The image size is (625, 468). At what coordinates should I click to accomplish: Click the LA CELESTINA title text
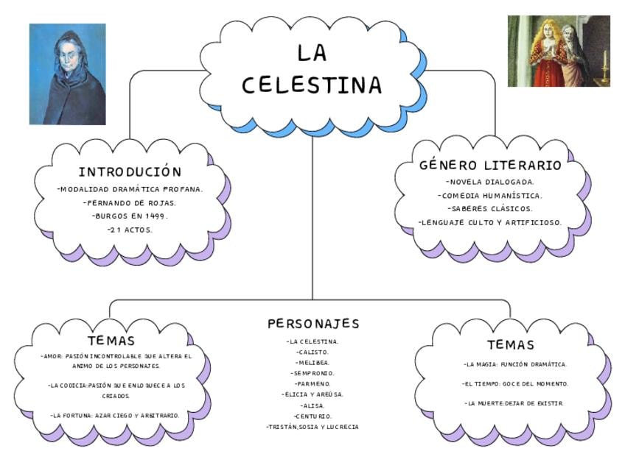click(312, 70)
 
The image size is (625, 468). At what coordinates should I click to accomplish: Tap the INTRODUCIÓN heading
click(130, 171)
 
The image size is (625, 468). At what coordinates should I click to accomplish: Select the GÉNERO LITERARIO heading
click(490, 165)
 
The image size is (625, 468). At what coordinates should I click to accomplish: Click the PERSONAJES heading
click(313, 324)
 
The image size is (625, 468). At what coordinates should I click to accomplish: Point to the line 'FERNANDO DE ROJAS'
click(130, 202)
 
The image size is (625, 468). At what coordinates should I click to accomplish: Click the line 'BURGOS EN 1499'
click(130, 216)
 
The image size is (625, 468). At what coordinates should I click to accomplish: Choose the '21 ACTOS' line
click(130, 230)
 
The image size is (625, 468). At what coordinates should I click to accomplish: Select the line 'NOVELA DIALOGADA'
click(490, 181)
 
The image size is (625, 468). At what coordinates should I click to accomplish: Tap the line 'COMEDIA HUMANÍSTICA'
click(490, 195)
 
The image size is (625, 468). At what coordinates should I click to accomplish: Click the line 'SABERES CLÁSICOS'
click(490, 208)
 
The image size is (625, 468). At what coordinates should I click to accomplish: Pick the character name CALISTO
click(312, 352)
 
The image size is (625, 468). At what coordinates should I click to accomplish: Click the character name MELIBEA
click(312, 363)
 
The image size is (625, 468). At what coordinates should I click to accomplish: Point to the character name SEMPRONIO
click(312, 373)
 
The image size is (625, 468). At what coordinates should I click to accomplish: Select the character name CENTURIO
click(312, 416)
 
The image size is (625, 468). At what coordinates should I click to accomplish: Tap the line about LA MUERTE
click(514, 403)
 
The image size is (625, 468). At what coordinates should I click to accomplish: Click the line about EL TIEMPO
click(515, 383)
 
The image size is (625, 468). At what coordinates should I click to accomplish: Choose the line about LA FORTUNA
click(115, 415)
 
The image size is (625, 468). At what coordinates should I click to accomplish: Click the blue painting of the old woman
click(67, 74)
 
